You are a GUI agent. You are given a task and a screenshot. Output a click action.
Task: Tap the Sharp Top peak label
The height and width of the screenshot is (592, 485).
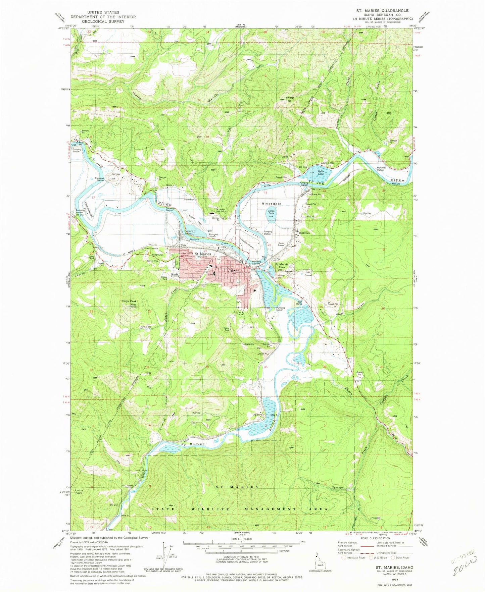tap(289, 99)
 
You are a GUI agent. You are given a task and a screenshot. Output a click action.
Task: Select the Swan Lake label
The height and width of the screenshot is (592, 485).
tap(271, 212)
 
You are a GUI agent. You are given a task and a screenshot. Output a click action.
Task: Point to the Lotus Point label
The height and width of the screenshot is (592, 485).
tap(79, 492)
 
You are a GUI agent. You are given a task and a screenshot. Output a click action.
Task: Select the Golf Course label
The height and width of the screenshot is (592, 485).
tap(308, 274)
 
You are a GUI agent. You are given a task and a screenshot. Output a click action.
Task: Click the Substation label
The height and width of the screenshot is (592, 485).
tap(189, 200)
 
